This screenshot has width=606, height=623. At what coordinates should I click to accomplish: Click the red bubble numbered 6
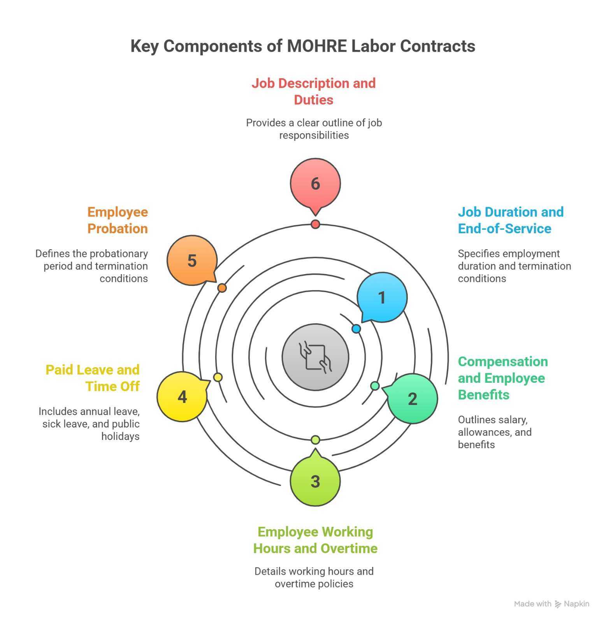[x=315, y=183]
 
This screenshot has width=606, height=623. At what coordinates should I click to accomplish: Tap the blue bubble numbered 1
[x=382, y=297]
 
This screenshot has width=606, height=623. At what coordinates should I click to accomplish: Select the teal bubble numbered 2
[x=413, y=399]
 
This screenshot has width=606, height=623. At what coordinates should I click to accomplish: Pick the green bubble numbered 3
[x=315, y=481]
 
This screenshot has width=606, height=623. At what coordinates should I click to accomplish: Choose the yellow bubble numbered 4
[x=182, y=397]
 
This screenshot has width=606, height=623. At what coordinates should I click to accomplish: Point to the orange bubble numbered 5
[x=192, y=260]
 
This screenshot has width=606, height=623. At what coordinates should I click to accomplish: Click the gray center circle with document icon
[x=315, y=357]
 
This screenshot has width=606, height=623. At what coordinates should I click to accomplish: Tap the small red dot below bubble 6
[x=315, y=224]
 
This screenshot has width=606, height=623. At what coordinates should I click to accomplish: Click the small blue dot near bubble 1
[x=356, y=329]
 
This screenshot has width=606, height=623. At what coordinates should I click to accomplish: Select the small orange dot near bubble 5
[x=222, y=288]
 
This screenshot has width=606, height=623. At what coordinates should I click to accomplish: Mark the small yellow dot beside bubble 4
[x=218, y=377]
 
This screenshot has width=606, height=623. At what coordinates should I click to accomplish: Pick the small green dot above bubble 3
[x=315, y=440]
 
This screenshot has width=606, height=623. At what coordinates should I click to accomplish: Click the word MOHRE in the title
[x=316, y=46]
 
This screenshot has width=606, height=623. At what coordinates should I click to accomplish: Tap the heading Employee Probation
[x=118, y=220]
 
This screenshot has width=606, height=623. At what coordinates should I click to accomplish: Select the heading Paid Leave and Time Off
[x=93, y=378]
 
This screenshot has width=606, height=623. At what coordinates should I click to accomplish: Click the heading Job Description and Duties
[x=314, y=92]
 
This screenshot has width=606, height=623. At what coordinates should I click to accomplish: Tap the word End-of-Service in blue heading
[x=504, y=229]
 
